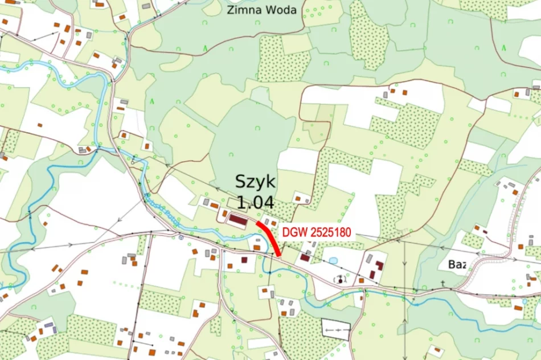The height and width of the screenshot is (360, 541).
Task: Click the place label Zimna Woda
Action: point(261,10)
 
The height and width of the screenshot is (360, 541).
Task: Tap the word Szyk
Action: point(255,183)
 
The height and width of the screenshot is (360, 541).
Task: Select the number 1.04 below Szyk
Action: point(255,203)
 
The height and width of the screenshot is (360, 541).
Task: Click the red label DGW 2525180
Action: point(316,232)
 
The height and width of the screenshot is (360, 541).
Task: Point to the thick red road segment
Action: point(269,238)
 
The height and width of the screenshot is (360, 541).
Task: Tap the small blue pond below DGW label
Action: point(333,260)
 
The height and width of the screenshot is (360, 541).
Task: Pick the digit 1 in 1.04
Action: point(240,203)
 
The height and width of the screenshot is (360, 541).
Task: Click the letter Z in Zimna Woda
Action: point(231,10)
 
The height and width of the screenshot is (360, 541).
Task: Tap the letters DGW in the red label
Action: point(294,232)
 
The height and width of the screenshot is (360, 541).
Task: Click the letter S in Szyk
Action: point(241,183)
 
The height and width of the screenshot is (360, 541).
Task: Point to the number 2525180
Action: point(329,232)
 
